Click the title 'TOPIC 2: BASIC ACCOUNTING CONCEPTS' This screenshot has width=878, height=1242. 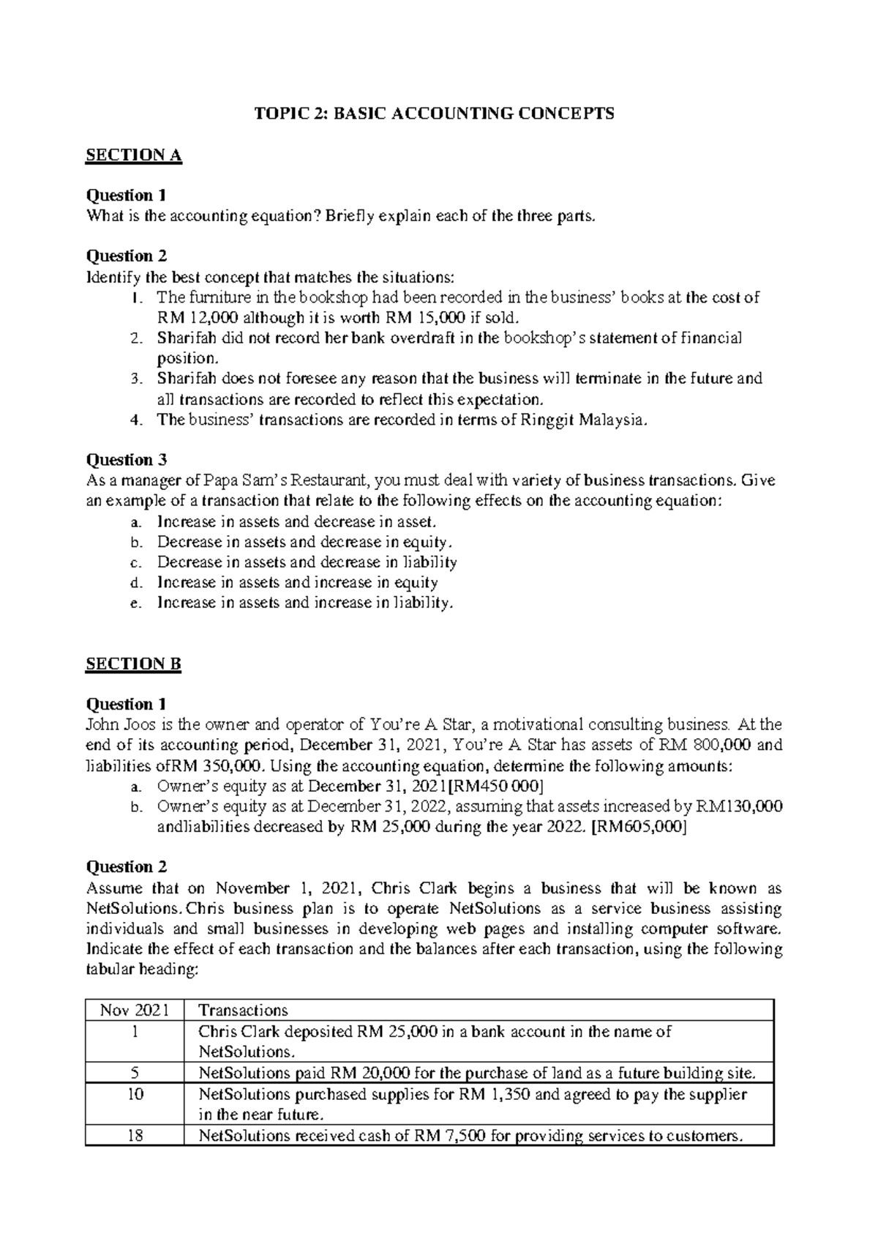click(x=434, y=114)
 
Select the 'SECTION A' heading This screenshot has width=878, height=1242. click(x=133, y=155)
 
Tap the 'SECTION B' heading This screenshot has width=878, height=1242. click(x=133, y=663)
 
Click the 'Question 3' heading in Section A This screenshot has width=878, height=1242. click(x=127, y=460)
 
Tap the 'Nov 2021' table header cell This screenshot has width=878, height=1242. click(x=134, y=1011)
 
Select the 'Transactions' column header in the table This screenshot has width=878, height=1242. click(x=243, y=1011)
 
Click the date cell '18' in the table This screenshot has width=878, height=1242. click(x=134, y=1136)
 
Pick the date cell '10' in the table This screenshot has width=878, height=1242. click(x=134, y=1094)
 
